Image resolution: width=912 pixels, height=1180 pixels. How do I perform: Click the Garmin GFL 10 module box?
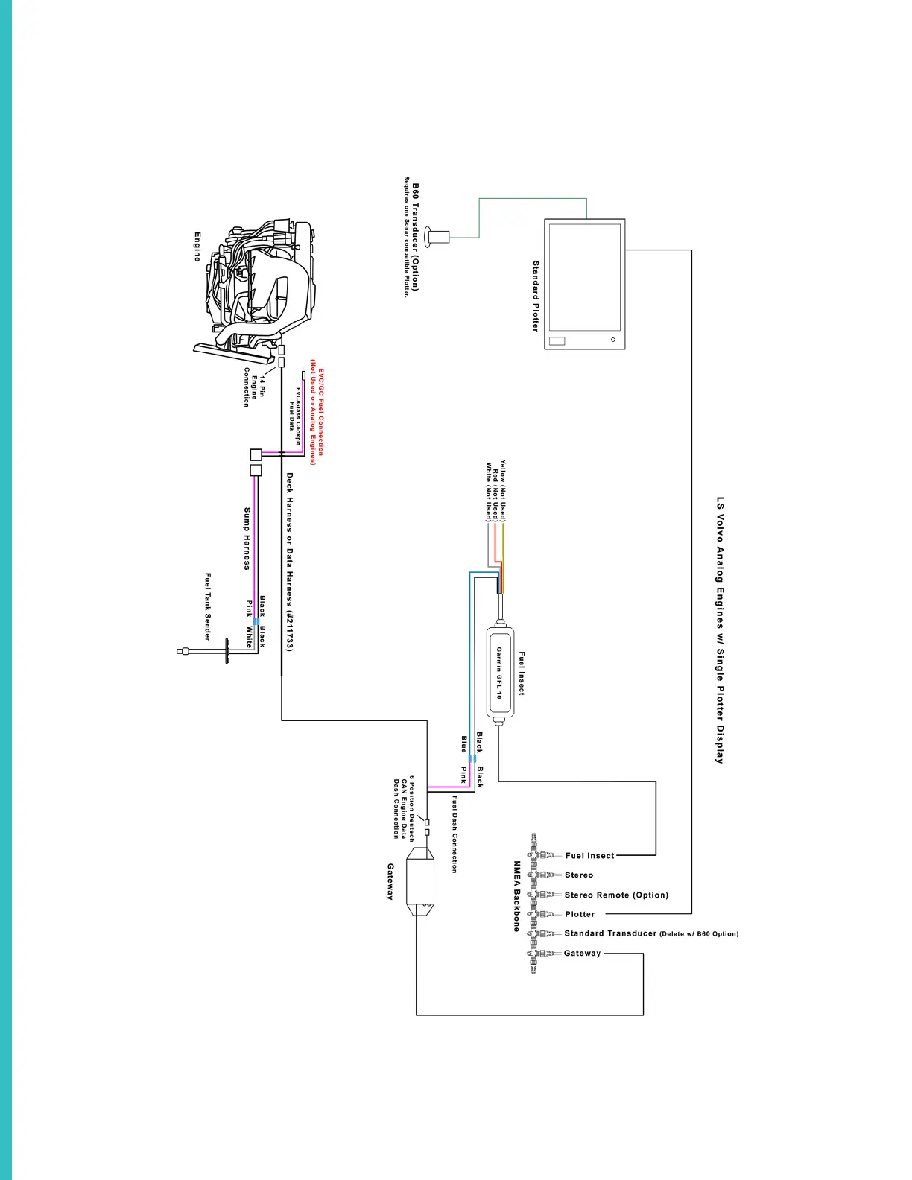coord(500,673)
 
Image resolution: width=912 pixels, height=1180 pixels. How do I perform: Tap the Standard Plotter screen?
coord(585,277)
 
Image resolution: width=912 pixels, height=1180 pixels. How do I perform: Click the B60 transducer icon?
coord(437,237)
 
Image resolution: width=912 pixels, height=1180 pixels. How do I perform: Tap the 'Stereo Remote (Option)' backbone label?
coord(616,895)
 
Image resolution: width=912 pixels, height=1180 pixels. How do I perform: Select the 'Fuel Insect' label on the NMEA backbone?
coord(589,856)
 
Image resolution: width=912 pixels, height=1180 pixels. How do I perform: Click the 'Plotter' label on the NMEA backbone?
coord(580,914)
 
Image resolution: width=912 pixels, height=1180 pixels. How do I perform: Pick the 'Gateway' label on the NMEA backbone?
coord(582,953)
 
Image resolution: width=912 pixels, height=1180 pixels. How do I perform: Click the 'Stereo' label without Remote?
coord(579,875)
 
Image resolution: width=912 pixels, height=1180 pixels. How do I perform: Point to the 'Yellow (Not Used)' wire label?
coord(503,490)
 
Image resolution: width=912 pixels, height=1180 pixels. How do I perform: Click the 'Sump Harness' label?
coord(247,539)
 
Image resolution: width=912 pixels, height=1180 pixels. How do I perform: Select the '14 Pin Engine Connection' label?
coord(254,387)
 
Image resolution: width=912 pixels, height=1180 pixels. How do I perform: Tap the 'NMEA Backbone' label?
coord(516,896)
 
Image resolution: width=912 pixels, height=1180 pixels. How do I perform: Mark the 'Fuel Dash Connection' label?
coord(454,834)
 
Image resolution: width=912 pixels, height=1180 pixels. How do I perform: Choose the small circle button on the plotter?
coord(613,340)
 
